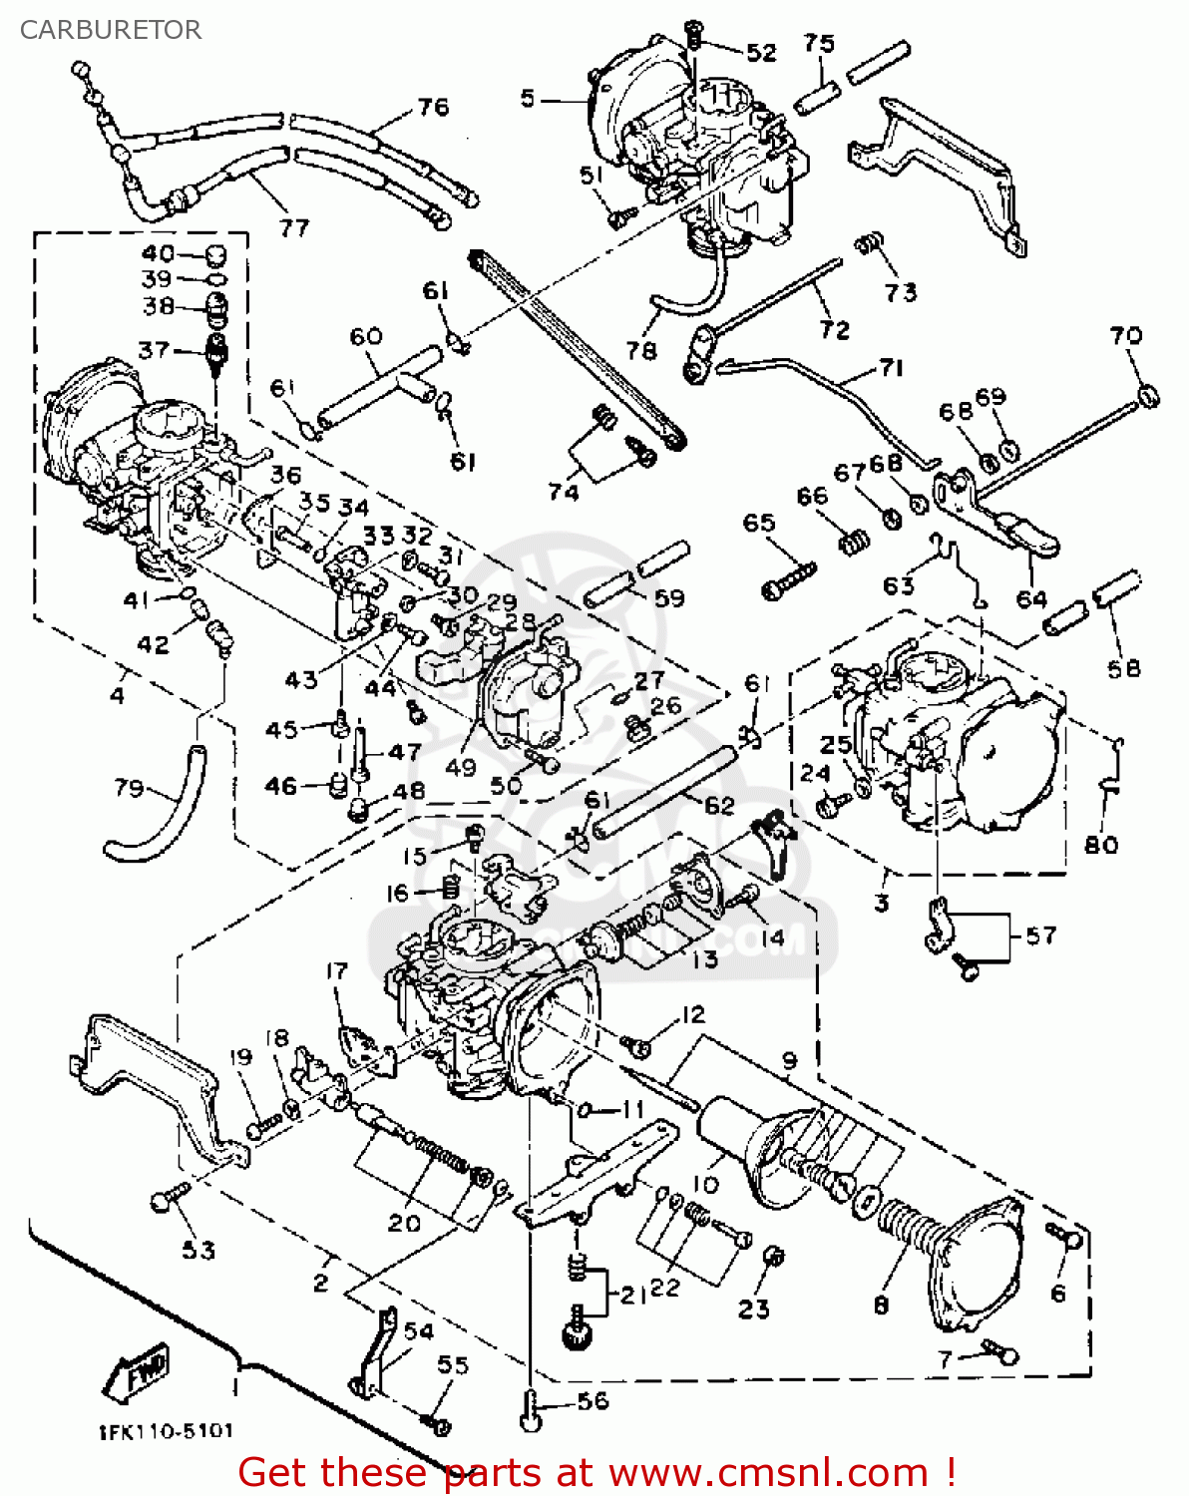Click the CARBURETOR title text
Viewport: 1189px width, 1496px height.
[x=111, y=30]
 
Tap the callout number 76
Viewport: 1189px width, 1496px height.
[x=433, y=107]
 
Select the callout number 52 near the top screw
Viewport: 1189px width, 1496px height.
[x=761, y=53]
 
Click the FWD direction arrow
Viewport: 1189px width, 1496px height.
[x=137, y=1374]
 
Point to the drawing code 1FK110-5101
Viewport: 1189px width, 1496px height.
[x=166, y=1431]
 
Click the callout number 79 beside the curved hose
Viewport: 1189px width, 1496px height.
[x=129, y=789]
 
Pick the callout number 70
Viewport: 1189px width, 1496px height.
[x=1126, y=336]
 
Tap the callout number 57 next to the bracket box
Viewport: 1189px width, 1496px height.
[x=1040, y=935]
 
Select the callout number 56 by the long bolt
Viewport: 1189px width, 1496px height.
[x=593, y=1401]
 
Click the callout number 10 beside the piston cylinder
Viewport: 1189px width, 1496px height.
[x=705, y=1185]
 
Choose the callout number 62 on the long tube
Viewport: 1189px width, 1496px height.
[x=719, y=805]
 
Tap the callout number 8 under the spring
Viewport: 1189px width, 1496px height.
[x=882, y=1305]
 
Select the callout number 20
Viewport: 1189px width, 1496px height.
[x=404, y=1223]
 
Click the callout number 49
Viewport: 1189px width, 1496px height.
[x=461, y=767]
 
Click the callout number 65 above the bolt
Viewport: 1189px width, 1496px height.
[x=759, y=523]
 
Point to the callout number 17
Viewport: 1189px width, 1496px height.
[x=337, y=970]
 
